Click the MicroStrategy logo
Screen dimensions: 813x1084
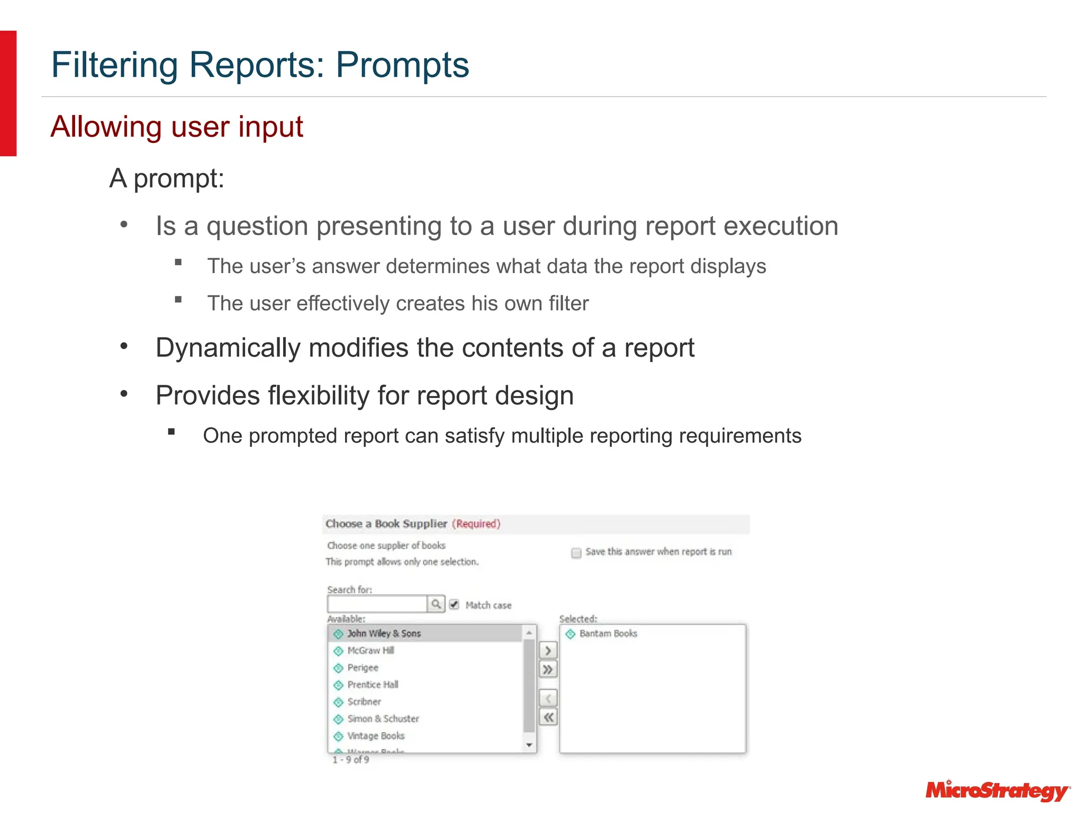point(997,791)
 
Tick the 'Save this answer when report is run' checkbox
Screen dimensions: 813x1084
point(576,553)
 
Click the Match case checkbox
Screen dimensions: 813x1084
point(454,604)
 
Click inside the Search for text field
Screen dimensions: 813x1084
point(377,604)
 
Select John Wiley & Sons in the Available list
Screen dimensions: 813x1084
point(384,634)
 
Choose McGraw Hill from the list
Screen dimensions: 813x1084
point(371,651)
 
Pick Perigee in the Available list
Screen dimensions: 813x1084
point(363,668)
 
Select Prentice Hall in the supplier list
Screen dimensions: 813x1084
point(373,685)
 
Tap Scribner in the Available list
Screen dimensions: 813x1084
point(364,702)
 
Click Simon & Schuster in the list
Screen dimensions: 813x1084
point(383,719)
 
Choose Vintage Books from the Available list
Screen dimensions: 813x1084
point(376,736)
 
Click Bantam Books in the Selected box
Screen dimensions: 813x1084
point(608,634)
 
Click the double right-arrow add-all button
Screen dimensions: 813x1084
point(548,670)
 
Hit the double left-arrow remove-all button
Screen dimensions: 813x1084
point(548,718)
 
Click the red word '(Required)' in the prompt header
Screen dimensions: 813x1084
point(476,524)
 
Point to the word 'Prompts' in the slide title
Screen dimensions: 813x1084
point(402,65)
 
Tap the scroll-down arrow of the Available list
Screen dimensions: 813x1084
point(529,745)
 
